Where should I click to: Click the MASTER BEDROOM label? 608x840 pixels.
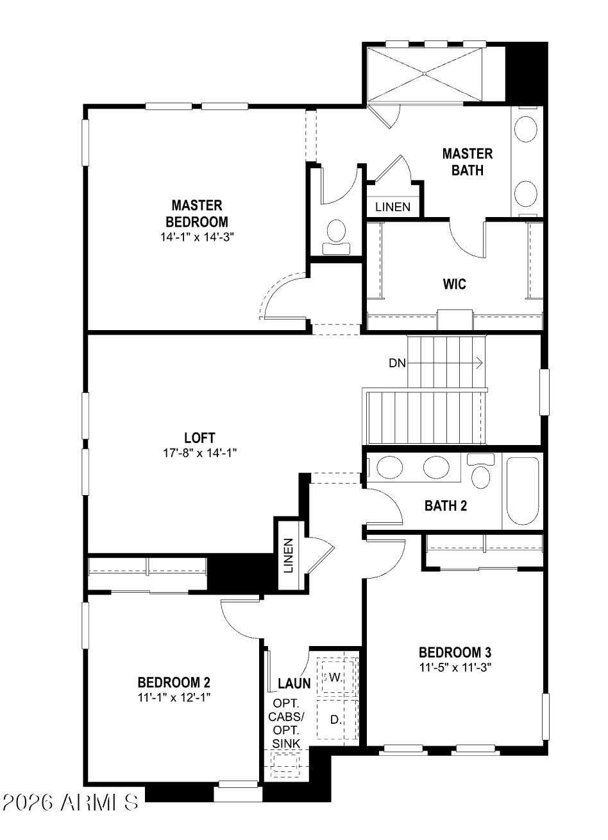pos(197,213)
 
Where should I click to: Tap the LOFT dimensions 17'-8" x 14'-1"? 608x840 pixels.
pos(199,453)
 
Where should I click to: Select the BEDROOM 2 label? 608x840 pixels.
pos(174,682)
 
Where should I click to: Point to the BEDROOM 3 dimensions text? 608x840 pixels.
pos(455,667)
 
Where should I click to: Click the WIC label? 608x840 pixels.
pos(455,284)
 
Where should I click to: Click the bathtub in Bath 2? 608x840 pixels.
pos(523,491)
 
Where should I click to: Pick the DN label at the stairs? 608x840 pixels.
pos(397,363)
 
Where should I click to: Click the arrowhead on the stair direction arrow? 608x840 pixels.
pos(480,363)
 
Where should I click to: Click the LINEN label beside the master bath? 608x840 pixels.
pos(393,207)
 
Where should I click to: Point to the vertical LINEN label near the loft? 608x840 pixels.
pos(288,556)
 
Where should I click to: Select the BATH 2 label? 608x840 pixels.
pos(446,506)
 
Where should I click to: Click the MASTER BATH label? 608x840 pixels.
pos(468,162)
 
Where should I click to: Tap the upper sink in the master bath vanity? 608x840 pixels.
pos(526,129)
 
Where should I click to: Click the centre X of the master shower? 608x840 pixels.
pos(425,74)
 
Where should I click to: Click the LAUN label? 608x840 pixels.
pos(294,684)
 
